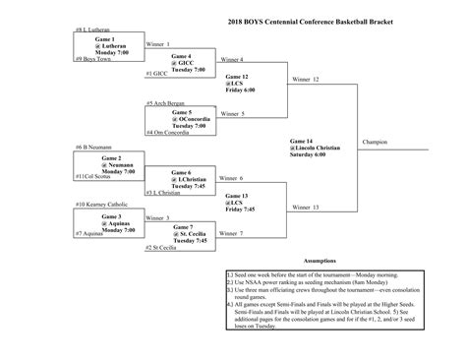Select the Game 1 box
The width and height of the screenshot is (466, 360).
point(111,45)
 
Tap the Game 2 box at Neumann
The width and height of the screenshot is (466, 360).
point(111,164)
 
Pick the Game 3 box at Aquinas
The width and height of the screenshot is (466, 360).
point(111,221)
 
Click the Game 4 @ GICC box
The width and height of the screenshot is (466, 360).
point(181,63)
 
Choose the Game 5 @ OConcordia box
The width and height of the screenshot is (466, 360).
point(181,120)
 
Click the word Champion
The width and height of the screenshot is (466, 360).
point(374,143)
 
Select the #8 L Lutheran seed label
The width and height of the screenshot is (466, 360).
point(92,30)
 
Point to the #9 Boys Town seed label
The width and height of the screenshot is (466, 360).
point(91,59)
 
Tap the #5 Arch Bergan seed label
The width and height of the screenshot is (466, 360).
point(163,102)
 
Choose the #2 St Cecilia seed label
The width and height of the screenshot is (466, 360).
point(161,248)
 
